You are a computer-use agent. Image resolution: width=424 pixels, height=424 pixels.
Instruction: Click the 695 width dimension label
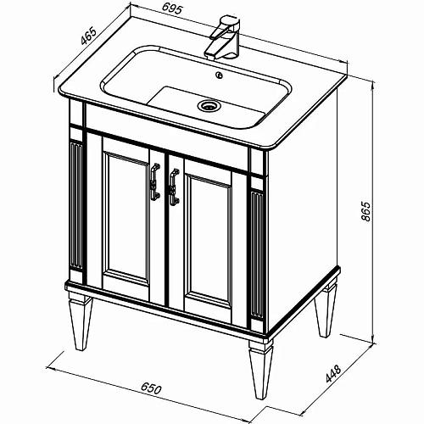tap(171, 9)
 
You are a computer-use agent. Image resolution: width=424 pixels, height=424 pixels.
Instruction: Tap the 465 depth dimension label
tap(88, 36)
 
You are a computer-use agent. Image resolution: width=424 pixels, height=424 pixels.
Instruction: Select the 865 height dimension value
tap(365, 211)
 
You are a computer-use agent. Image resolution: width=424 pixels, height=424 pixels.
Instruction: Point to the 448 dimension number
tap(334, 374)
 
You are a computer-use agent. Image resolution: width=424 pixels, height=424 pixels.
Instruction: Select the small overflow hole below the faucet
tap(219, 75)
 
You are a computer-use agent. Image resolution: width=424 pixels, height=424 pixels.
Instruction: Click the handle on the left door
tap(155, 182)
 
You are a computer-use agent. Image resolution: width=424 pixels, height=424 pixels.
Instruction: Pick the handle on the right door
tap(174, 187)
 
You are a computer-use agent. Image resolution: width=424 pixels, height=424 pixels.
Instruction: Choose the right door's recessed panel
tap(209, 240)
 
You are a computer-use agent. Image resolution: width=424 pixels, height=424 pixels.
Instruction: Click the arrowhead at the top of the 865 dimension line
tap(373, 86)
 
